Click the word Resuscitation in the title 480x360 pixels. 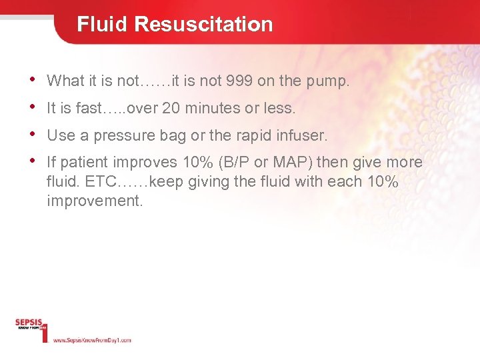point(203,24)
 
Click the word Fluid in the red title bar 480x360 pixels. point(103,24)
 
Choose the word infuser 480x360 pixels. point(304,135)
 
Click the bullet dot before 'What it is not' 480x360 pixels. point(34,80)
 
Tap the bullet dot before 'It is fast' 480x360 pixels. point(34,107)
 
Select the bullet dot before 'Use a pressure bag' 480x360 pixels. point(34,134)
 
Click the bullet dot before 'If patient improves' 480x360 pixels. point(34,161)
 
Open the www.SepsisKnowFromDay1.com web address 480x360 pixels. point(91,340)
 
